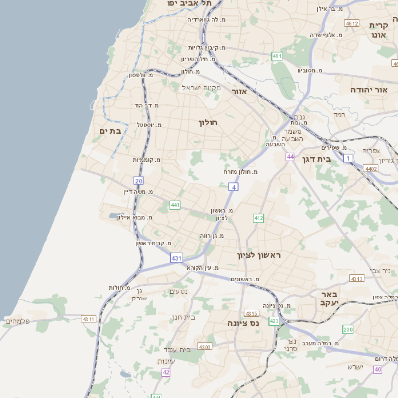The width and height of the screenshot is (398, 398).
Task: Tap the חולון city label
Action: [x=207, y=122]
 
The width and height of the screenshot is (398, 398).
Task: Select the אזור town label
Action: [x=239, y=91]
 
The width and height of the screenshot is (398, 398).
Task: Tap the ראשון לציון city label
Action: [x=259, y=256]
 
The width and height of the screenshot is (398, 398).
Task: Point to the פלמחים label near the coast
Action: [x=18, y=320]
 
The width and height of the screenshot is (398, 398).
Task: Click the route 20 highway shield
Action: [x=139, y=181]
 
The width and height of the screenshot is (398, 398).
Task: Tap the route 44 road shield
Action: [x=290, y=157]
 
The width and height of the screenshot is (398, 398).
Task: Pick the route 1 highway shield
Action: [x=348, y=157]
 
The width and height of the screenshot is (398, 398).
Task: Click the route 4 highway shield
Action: [x=233, y=186]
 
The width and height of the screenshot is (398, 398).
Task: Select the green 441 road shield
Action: [x=174, y=205]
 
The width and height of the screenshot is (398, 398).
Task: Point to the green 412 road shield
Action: [x=258, y=217]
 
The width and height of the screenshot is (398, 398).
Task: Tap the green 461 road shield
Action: [x=276, y=57]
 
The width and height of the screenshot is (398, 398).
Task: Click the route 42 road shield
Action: [x=166, y=372]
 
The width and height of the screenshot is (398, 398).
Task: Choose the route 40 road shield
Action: [x=378, y=369]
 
